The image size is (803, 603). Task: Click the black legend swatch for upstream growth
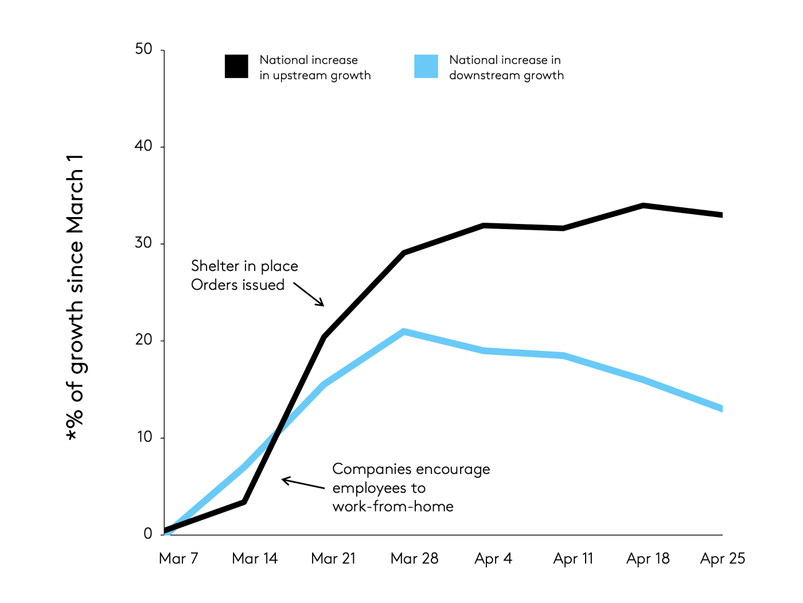click(236, 66)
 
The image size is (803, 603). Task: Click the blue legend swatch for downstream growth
click(426, 66)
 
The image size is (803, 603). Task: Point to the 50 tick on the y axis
click(144, 49)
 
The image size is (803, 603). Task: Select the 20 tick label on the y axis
click(144, 340)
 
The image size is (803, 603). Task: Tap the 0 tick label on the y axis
click(148, 534)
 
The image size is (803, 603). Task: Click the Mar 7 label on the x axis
click(178, 558)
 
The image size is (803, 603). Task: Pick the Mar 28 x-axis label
click(414, 558)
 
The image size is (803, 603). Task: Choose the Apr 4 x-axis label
click(493, 558)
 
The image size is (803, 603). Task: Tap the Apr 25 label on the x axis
click(722, 558)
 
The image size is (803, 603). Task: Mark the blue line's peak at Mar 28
click(404, 331)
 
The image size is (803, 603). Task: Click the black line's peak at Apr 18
click(643, 205)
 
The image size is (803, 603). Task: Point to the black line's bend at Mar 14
click(244, 502)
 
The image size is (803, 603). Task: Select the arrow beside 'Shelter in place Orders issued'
click(309, 293)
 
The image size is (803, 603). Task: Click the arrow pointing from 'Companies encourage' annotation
click(303, 484)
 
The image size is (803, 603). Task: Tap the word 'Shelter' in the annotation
click(215, 266)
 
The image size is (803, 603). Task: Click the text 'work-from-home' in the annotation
click(393, 507)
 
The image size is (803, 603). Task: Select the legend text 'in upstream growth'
click(315, 75)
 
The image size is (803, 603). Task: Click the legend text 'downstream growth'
click(506, 75)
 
